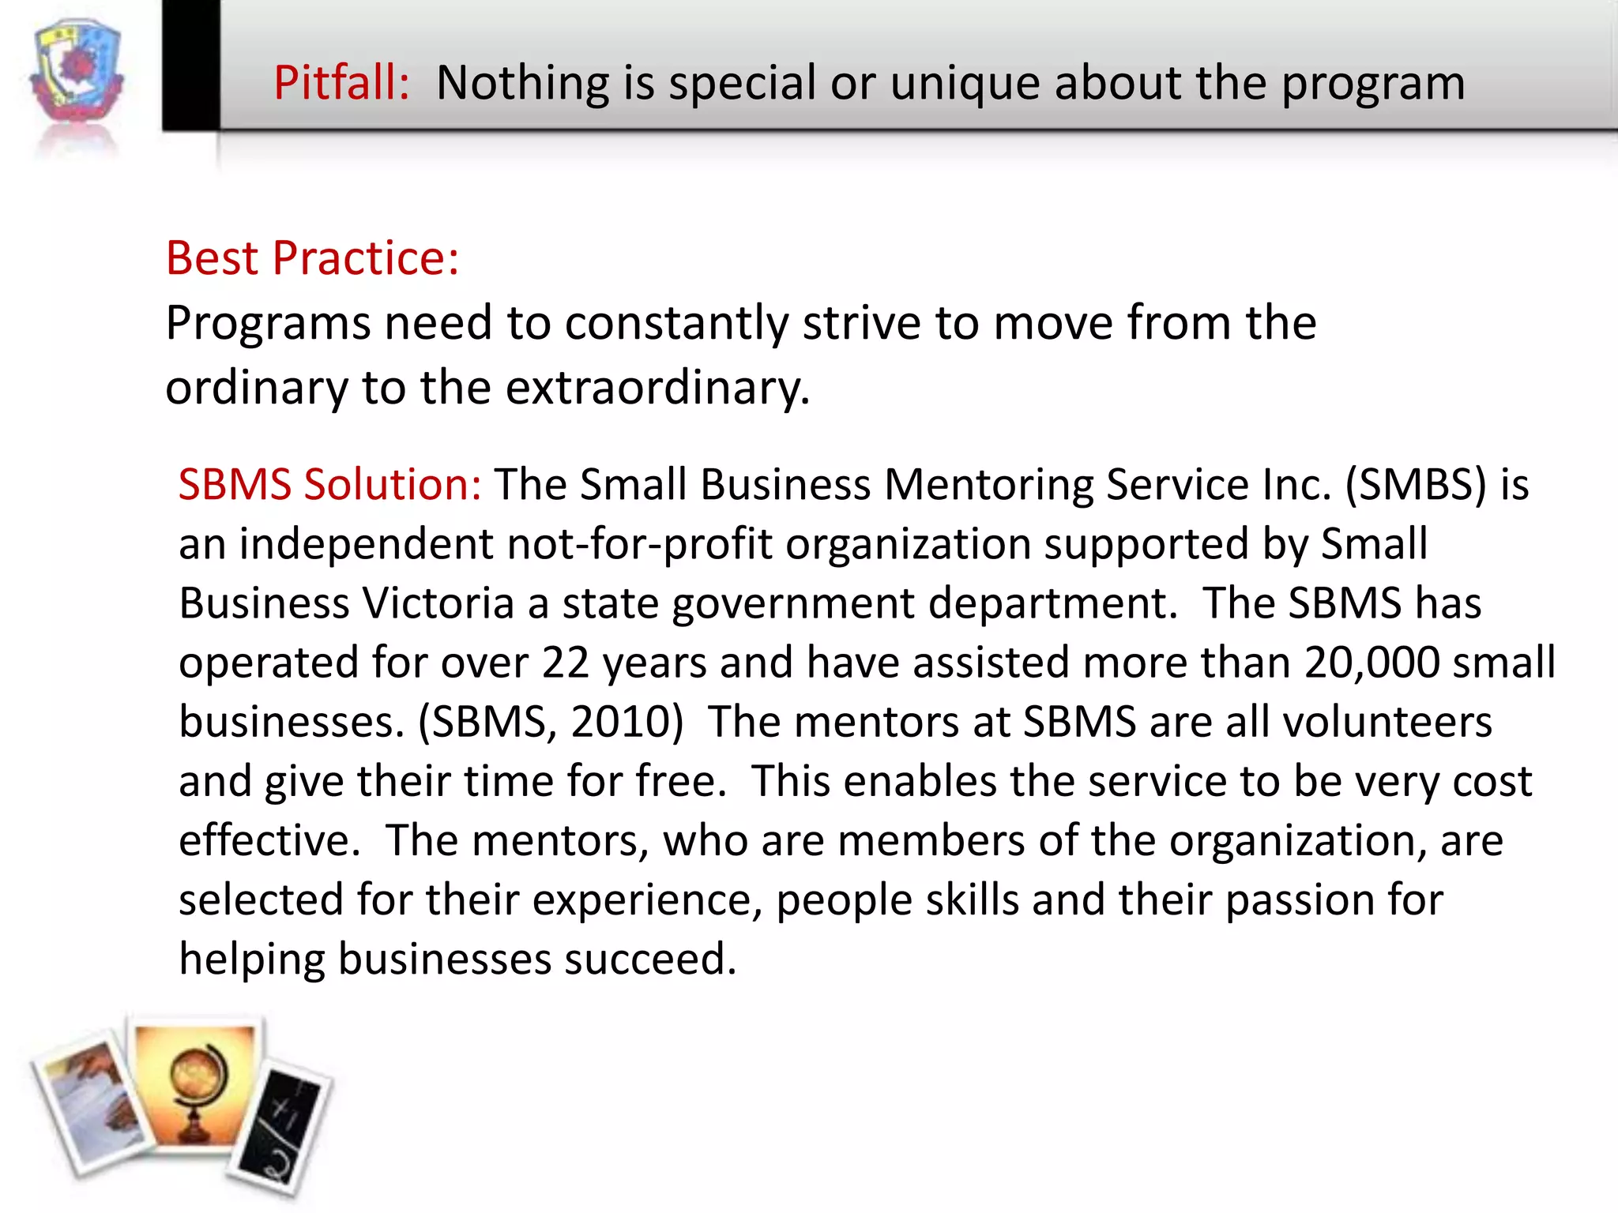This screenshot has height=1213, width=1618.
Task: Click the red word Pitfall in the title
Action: [x=341, y=83]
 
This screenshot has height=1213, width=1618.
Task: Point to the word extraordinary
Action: [x=657, y=389]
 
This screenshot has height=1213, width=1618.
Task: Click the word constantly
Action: [x=676, y=324]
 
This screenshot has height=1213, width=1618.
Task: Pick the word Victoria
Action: [x=438, y=604]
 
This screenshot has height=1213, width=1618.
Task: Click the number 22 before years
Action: [x=566, y=663]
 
